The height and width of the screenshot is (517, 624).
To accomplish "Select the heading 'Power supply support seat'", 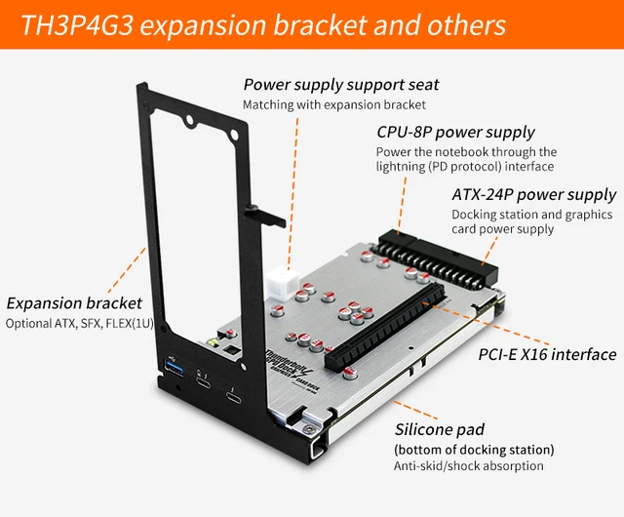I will (x=340, y=85).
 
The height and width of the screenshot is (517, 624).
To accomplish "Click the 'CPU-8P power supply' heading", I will (x=455, y=132).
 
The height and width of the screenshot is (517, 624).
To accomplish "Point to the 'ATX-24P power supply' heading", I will (x=533, y=194).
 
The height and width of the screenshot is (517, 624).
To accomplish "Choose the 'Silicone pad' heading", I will (x=439, y=429).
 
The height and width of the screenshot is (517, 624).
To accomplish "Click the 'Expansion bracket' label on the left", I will (x=74, y=303).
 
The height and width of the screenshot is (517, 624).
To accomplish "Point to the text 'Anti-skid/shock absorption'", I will (x=469, y=466).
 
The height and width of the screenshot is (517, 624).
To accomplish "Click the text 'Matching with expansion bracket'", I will (x=334, y=104).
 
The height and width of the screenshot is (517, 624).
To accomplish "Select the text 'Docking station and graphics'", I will (x=531, y=214).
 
